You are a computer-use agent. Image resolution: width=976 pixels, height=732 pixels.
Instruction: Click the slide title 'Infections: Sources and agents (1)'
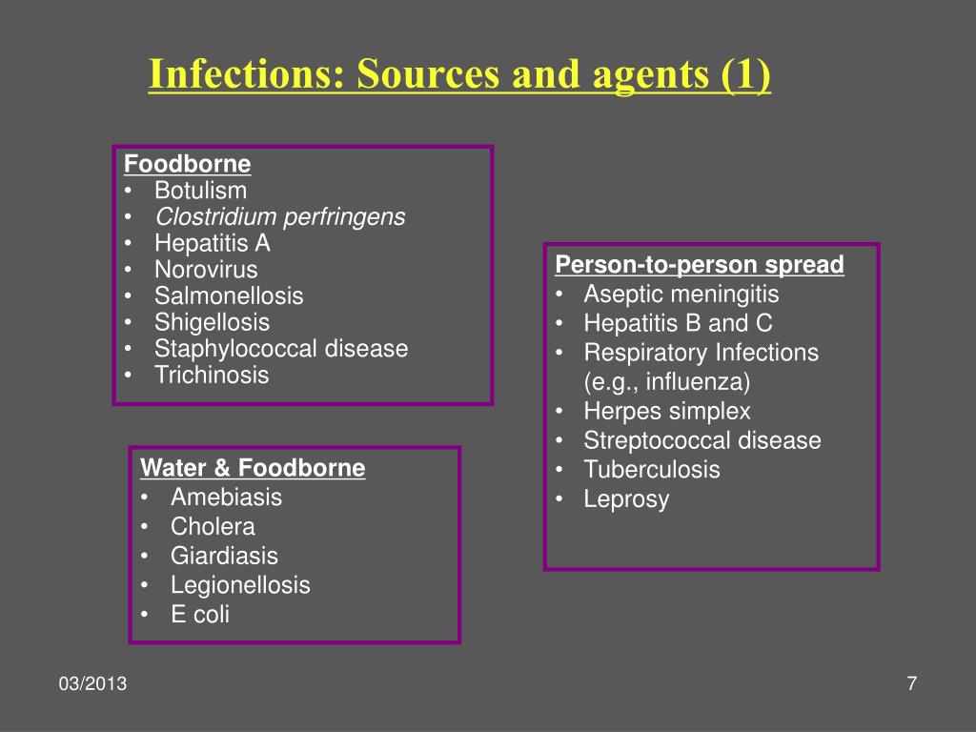point(459,77)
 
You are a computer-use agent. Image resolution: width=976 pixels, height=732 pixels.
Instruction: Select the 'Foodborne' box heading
point(188,164)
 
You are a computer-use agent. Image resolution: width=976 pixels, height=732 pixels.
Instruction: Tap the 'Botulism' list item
point(200,191)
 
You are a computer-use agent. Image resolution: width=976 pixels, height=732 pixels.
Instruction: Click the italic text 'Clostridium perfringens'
point(280,217)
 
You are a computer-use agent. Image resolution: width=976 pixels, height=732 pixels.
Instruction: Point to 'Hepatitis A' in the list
point(213,243)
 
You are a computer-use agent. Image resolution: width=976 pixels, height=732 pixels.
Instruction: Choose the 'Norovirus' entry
point(206,270)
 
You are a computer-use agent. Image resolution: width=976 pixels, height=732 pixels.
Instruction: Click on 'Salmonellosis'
point(229,296)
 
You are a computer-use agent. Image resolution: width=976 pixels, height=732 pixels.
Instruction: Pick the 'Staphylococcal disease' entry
point(281,349)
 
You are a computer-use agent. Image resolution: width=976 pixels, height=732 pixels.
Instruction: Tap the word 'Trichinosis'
point(212,376)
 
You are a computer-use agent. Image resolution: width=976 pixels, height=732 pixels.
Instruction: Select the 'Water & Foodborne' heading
point(253,468)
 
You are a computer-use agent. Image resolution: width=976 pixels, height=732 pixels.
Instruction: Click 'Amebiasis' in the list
point(226,497)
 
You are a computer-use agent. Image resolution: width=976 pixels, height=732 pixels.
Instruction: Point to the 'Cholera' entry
point(213,526)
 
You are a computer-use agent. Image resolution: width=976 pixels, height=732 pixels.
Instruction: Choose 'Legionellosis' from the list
point(240,585)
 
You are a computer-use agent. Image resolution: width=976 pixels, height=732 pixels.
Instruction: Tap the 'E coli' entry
point(200,615)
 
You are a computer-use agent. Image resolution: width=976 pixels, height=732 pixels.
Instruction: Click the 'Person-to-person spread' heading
point(700,265)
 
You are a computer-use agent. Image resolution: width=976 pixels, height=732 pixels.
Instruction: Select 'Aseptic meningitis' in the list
point(681,294)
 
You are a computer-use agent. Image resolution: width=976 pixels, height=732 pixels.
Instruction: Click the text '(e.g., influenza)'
point(667,382)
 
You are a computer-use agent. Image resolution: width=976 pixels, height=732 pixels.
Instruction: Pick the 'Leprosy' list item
point(626,499)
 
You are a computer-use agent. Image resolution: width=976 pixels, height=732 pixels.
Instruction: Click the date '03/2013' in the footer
point(92,685)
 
